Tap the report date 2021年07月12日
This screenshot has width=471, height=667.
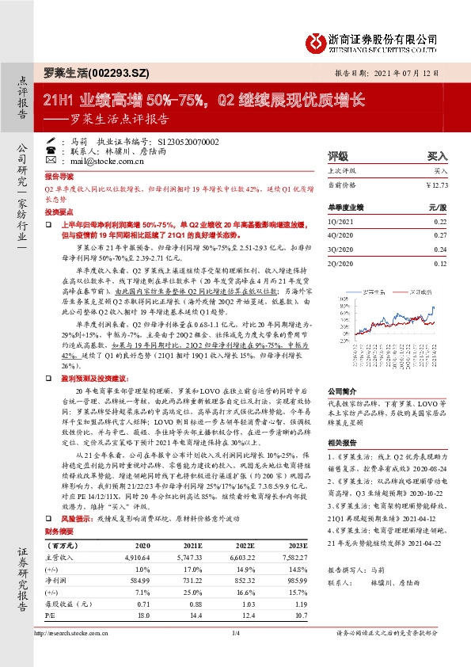point(405,72)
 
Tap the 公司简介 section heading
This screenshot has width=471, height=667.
point(342,392)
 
